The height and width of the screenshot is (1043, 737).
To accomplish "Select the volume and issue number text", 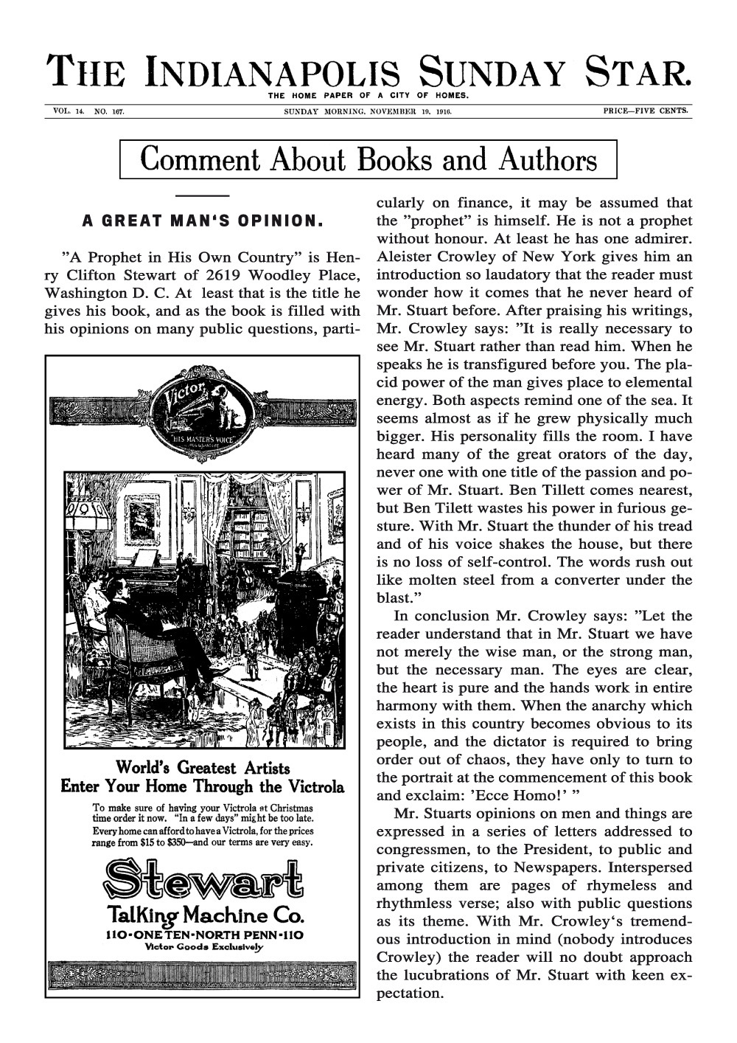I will coord(88,111).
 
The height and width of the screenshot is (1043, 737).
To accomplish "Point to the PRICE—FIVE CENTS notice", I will coord(645,111).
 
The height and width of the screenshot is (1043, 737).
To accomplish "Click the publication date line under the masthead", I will coord(368,112).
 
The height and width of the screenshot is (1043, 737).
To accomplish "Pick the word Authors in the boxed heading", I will coord(548,159).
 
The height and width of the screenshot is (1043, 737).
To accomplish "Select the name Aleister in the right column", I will coord(406,274).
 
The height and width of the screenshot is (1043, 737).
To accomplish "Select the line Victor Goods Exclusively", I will coord(203,946).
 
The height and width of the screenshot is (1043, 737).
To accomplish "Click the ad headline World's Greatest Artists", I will coord(203,769).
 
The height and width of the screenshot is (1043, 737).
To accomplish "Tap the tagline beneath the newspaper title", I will coord(368,95).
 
